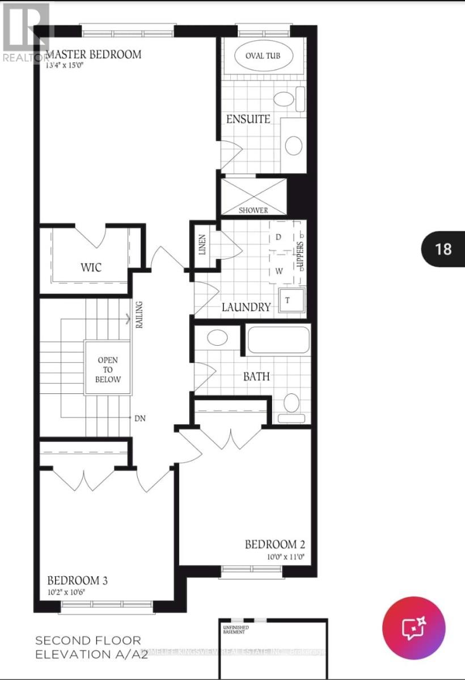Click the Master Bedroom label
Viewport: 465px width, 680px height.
pos(94,55)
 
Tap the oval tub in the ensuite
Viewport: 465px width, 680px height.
pos(263,56)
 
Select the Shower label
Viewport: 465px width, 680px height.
pos(253,210)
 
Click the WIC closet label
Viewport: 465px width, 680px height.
pos(91,266)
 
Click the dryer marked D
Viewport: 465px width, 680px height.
pos(278,237)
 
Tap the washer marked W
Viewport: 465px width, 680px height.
pos(279,271)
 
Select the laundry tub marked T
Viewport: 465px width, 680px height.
pos(288,300)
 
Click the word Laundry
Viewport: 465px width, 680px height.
pos(246,307)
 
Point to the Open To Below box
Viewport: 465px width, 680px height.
pos(108,369)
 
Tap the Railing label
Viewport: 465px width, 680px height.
pos(139,315)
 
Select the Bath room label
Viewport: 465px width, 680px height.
pos(256,376)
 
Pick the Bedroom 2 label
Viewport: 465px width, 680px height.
pos(275,545)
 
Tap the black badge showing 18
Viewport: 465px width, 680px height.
pos(443,249)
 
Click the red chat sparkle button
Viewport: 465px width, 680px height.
pos(413,627)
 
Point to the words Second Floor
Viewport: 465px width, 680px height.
pos(88,641)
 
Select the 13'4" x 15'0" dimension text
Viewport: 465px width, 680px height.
pos(69,65)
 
